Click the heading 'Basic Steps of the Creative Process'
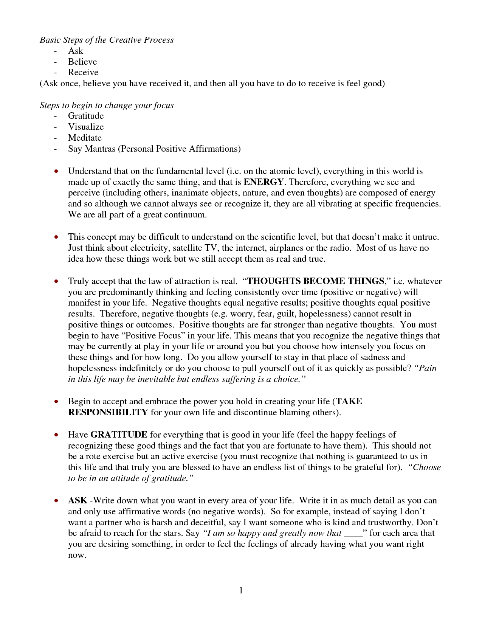tap(107, 40)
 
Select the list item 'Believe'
tap(82, 62)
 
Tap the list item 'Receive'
tap(83, 73)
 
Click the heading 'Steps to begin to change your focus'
tap(107, 106)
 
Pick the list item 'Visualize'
tap(86, 127)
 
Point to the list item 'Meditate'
tap(85, 138)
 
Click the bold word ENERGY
tap(263, 182)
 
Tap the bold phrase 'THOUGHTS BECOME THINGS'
tap(316, 281)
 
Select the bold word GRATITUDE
tap(119, 435)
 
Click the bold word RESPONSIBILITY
tap(108, 413)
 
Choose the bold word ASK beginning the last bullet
tap(77, 501)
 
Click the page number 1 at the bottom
tap(241, 591)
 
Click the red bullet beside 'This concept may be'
tap(56, 237)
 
